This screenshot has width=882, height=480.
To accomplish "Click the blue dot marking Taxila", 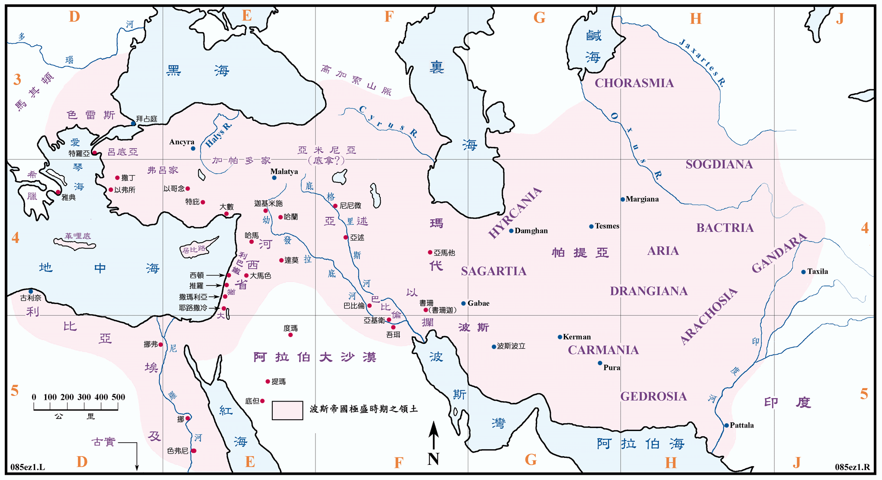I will pyautogui.click(x=803, y=272).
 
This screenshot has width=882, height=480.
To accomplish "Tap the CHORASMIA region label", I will pyautogui.click(x=634, y=83).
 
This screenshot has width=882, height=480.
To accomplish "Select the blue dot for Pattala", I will pyautogui.click(x=727, y=425).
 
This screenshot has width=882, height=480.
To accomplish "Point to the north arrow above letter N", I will pyautogui.click(x=434, y=435).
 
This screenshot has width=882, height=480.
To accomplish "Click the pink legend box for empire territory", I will pyautogui.click(x=287, y=410).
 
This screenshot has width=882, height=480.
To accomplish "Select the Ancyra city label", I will pyautogui.click(x=182, y=142).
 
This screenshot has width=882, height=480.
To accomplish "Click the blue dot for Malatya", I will pyautogui.click(x=274, y=178).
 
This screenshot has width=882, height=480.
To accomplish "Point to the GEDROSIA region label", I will pyautogui.click(x=653, y=396).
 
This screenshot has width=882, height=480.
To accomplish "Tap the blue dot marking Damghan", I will pyautogui.click(x=511, y=231).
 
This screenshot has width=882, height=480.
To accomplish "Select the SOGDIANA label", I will pyautogui.click(x=719, y=165).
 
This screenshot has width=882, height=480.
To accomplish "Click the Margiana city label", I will pyautogui.click(x=642, y=199).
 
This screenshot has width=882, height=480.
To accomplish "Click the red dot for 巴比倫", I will pyautogui.click(x=369, y=306).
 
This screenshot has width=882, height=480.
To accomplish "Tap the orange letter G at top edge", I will pyautogui.click(x=539, y=18).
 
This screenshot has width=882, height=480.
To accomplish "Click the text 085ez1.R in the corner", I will pyautogui.click(x=852, y=467).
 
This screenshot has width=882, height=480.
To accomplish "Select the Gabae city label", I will pyautogui.click(x=478, y=303).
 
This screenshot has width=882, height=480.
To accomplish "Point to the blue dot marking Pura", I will pyautogui.click(x=600, y=363).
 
